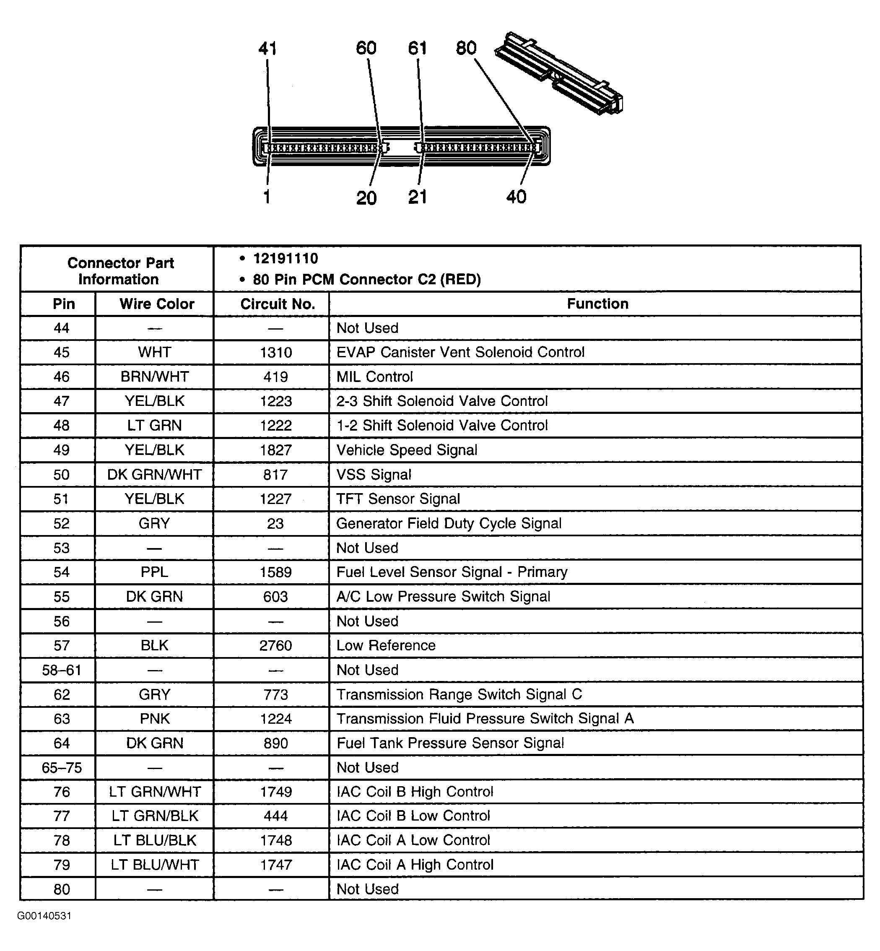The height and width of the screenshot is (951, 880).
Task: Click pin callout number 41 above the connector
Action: pyautogui.click(x=267, y=49)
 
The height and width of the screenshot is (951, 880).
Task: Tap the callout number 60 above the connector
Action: pyautogui.click(x=366, y=48)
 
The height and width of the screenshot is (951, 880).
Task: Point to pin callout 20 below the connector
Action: pyautogui.click(x=366, y=197)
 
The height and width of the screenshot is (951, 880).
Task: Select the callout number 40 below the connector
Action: pyautogui.click(x=516, y=197)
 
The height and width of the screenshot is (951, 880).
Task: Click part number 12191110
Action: pyautogui.click(x=285, y=259)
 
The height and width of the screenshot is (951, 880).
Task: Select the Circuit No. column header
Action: pyautogui.click(x=278, y=304)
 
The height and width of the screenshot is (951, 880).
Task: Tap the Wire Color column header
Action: pyautogui.click(x=157, y=304)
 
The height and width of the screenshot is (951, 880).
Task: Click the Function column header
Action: pyautogui.click(x=597, y=304)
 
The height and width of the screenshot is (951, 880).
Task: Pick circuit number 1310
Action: pyautogui.click(x=276, y=352)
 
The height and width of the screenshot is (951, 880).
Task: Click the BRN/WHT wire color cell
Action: pyautogui.click(x=155, y=377)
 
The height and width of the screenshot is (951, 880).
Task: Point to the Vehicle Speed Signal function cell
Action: pyautogui.click(x=407, y=450)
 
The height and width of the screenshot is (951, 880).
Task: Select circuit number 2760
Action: pyautogui.click(x=276, y=645)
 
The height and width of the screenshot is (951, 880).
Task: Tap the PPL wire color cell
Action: pyautogui.click(x=154, y=572)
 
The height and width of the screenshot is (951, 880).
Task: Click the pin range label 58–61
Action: pyautogui.click(x=62, y=670)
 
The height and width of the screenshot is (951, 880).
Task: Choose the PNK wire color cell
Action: pyautogui.click(x=155, y=718)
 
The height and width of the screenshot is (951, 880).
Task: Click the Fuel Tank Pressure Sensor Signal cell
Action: pyautogui.click(x=450, y=743)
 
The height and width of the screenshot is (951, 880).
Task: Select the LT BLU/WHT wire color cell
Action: pyautogui.click(x=155, y=864)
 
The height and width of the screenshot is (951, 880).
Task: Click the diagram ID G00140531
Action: pyautogui.click(x=44, y=916)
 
